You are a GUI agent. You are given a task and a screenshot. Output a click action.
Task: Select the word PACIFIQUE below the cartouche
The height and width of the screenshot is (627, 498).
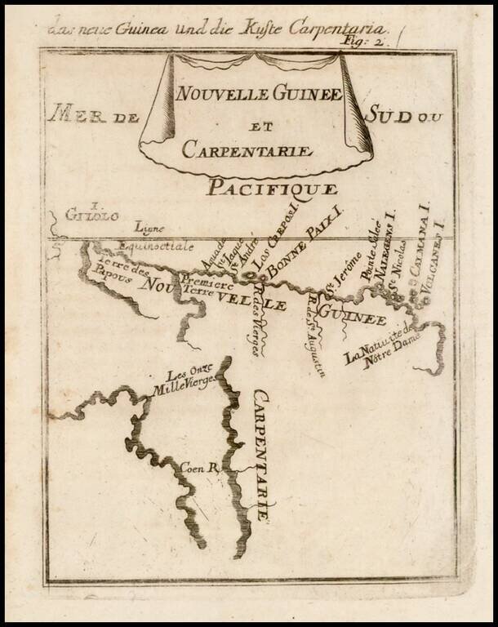[x=271, y=189]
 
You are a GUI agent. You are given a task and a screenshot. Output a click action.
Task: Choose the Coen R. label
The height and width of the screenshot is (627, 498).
[x=198, y=469]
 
